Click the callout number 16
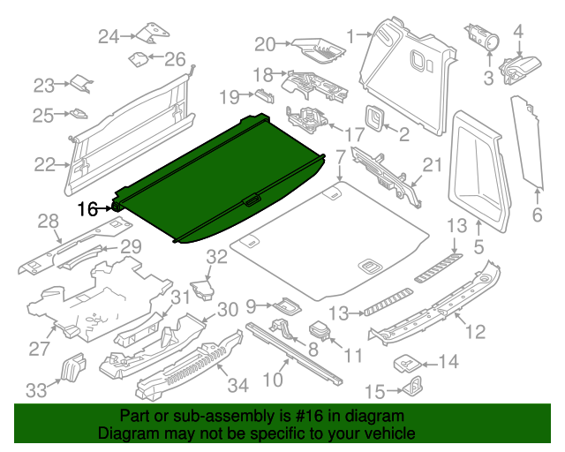click(x=87, y=209)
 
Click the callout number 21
click(x=431, y=164)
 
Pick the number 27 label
click(x=40, y=349)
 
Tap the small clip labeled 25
click(x=79, y=113)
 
